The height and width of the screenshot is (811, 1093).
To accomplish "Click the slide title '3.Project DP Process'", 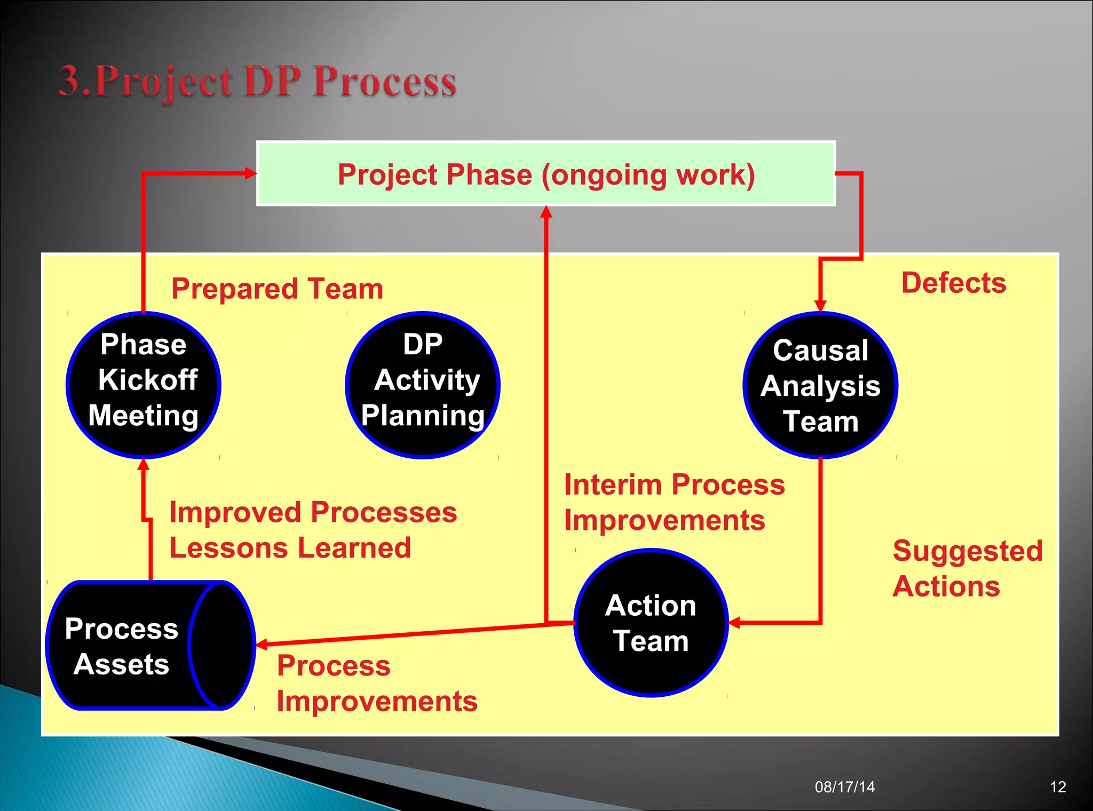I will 257,82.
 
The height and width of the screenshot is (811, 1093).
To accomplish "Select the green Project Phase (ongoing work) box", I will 545,174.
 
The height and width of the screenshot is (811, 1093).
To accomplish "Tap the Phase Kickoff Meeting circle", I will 143,384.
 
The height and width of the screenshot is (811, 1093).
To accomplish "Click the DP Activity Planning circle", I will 422,384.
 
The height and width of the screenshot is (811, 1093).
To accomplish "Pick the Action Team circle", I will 651,623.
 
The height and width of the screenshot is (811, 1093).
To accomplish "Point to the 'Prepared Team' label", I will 277,289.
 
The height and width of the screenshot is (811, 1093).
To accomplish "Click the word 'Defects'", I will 953,283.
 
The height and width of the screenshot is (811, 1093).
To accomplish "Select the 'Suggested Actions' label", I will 967,568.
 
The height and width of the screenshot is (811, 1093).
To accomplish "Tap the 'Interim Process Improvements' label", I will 674,502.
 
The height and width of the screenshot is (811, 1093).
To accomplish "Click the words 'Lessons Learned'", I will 290,548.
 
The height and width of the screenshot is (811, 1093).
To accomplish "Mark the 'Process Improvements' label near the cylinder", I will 376,683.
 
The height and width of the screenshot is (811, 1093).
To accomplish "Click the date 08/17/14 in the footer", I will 844,786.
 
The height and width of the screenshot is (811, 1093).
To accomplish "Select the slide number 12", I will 1057,786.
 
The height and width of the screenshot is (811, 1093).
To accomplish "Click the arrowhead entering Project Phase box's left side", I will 250,173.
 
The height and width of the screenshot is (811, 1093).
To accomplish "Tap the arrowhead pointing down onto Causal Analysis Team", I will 820,306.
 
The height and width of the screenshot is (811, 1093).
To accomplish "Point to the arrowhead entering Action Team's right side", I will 734,623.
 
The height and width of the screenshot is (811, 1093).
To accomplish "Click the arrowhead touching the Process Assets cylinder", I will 262,645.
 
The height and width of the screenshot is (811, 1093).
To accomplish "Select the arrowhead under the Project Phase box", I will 546,212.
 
